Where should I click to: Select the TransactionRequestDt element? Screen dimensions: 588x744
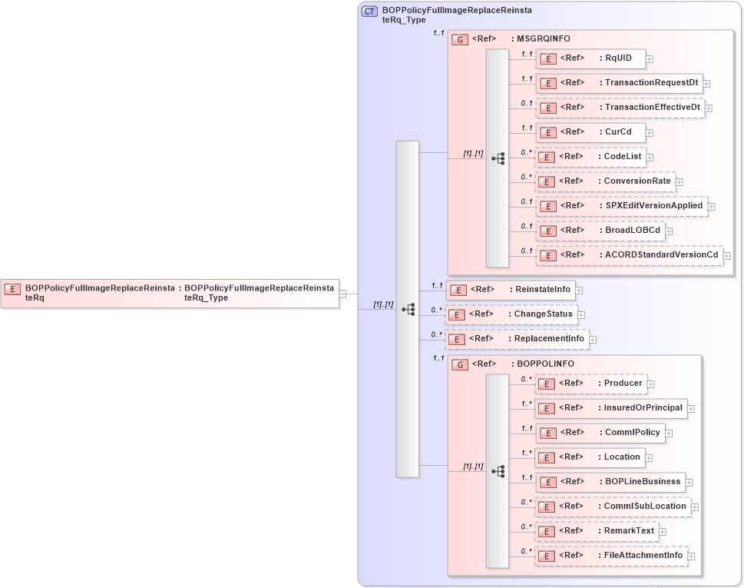(619, 83)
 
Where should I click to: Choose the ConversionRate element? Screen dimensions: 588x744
(605, 181)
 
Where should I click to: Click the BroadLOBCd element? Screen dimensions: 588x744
(600, 231)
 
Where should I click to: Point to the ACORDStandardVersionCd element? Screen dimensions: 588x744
(629, 255)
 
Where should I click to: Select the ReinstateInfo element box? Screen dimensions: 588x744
(511, 290)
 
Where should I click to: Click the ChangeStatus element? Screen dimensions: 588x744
(511, 314)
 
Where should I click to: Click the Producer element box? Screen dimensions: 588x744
(590, 384)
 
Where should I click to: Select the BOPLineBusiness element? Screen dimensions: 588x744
(609, 482)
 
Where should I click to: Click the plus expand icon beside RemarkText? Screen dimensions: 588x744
(663, 532)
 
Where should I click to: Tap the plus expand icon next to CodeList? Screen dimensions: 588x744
(650, 158)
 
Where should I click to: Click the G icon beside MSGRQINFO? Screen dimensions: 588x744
(460, 39)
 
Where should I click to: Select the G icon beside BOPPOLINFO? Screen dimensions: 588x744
(460, 364)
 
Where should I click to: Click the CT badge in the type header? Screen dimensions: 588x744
(369, 12)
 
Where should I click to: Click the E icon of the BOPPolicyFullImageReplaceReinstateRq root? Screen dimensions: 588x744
(12, 289)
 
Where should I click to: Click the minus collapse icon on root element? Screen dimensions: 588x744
(343, 294)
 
